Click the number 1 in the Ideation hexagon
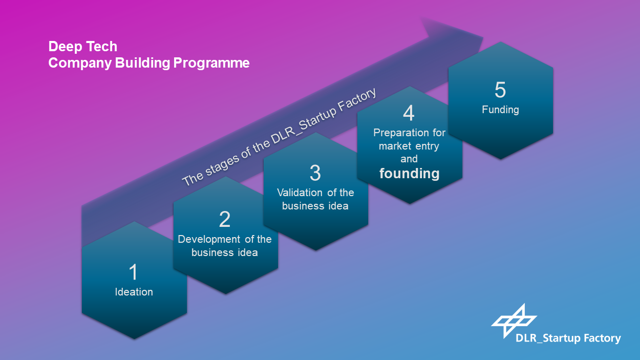tap(134, 272)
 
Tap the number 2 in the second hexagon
tap(225, 219)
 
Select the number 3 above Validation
tap(315, 173)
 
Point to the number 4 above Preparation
tap(409, 113)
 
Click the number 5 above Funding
tap(500, 90)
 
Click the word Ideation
tap(134, 292)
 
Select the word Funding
tap(500, 110)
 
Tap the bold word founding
tap(410, 174)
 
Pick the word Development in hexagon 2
tap(209, 240)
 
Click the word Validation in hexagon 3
tap(300, 193)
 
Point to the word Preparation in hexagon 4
tap(401, 133)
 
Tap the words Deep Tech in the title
tap(83, 46)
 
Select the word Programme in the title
tap(211, 63)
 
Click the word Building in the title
tap(142, 63)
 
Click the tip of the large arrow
tap(483, 37)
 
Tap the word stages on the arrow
tap(222, 165)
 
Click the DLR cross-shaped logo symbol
tap(514, 321)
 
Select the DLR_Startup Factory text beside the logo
tap(568, 338)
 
